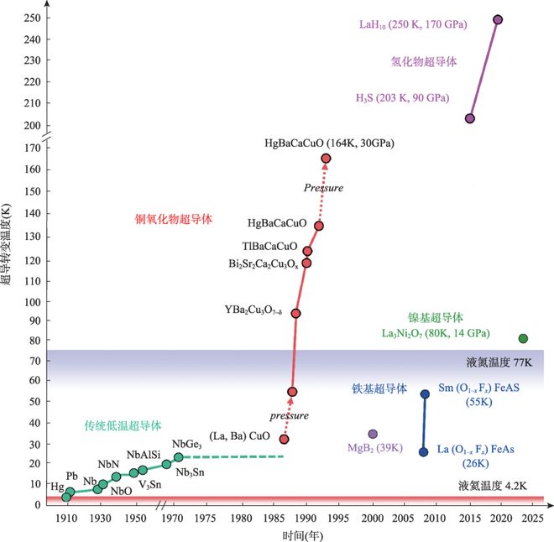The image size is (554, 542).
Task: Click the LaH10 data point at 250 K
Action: pyautogui.click(x=498, y=19)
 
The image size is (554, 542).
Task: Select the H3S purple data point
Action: pyautogui.click(x=470, y=119)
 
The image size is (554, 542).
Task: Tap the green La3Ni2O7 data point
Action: pyautogui.click(x=523, y=339)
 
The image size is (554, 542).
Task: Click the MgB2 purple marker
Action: pyautogui.click(x=373, y=434)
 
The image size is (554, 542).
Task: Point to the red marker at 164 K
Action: pyautogui.click(x=326, y=158)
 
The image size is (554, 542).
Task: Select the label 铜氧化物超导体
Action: pyautogui.click(x=175, y=220)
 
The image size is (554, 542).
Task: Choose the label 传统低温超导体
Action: pyautogui.click(x=123, y=425)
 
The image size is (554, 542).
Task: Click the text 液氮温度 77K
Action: pyautogui.click(x=496, y=364)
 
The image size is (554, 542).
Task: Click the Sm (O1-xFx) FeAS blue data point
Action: pyautogui.click(x=425, y=394)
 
